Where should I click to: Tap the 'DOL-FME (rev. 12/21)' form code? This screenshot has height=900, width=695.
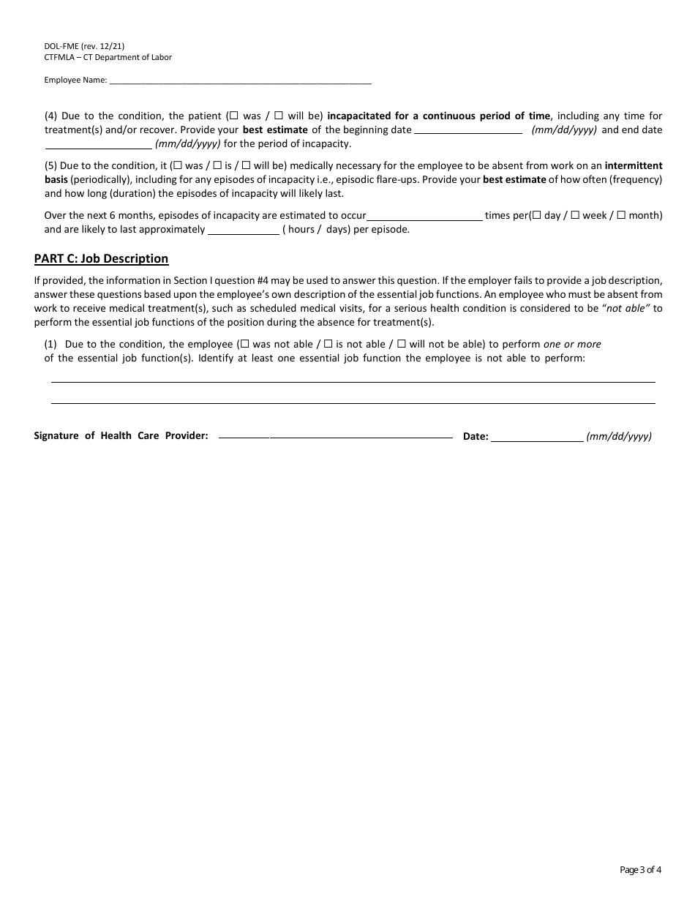79,46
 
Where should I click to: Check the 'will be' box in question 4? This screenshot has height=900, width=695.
279,116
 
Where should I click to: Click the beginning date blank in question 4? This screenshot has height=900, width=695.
468,131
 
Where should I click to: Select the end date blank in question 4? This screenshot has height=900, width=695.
99,145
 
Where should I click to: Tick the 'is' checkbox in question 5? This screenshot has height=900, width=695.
217,166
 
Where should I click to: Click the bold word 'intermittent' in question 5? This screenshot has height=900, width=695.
634,165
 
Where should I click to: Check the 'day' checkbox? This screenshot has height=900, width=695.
536,216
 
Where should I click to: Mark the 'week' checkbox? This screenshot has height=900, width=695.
575,216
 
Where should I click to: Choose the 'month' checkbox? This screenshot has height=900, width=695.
621,216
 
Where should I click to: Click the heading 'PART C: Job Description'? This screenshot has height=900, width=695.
101,258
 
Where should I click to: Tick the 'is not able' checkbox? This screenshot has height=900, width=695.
328,344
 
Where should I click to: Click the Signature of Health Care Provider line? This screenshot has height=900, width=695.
336,436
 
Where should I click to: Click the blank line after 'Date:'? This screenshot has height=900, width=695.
537,438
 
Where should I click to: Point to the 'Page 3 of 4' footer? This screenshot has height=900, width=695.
640,870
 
